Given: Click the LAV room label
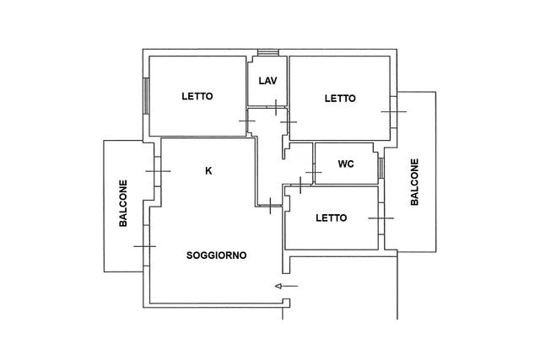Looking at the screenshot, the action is pyautogui.click(x=268, y=81).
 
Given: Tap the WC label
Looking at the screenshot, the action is pyautogui.click(x=346, y=164).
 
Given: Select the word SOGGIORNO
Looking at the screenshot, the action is pyautogui.click(x=216, y=255).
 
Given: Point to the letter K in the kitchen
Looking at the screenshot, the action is pyautogui.click(x=208, y=170).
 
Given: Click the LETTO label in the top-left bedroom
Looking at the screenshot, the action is pyautogui.click(x=197, y=96).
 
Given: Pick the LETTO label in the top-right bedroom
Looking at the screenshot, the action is pyautogui.click(x=340, y=99).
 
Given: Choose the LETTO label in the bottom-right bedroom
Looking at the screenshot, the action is pyautogui.click(x=332, y=218).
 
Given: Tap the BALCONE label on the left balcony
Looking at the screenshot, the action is pyautogui.click(x=123, y=203).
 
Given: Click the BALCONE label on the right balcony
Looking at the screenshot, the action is pyautogui.click(x=414, y=182).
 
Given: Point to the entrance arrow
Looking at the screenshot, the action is pyautogui.click(x=287, y=286).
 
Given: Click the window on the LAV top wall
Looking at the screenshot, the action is pyautogui.click(x=268, y=52).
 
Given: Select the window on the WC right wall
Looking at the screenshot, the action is pyautogui.click(x=381, y=168).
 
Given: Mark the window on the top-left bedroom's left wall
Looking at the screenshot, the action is pyautogui.click(x=146, y=96).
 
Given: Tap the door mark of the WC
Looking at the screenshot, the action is pyautogui.click(x=313, y=172).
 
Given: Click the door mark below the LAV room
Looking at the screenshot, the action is pyautogui.click(x=276, y=107).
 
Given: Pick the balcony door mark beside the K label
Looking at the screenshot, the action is pyautogui.click(x=158, y=171).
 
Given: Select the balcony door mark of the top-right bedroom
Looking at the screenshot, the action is pyautogui.click(x=394, y=111).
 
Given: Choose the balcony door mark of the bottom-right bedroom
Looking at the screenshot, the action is pyautogui.click(x=381, y=218).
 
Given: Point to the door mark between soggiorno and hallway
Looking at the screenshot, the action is pyautogui.click(x=270, y=206).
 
